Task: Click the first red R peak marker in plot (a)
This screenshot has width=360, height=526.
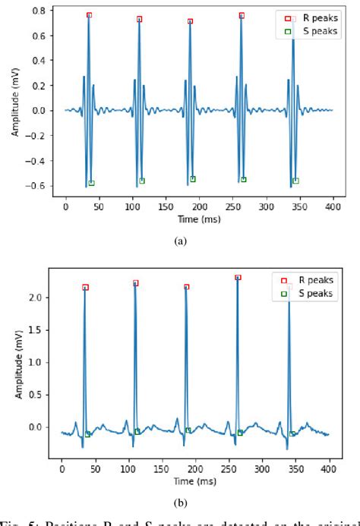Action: tap(89, 15)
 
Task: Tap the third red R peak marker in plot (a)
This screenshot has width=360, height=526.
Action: tap(190, 21)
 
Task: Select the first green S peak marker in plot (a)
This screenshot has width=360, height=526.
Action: tap(91, 183)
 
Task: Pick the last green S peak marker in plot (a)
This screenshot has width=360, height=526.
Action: tap(295, 181)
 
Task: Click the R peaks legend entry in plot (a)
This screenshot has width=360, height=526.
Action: tap(308, 17)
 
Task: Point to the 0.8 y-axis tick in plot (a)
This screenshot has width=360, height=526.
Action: tap(39, 11)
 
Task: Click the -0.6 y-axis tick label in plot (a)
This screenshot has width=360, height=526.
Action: tap(36, 186)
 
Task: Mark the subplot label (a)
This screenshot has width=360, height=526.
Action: tap(180, 241)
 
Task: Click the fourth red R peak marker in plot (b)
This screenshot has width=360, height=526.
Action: tap(238, 278)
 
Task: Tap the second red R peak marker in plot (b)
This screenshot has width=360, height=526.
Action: tap(136, 283)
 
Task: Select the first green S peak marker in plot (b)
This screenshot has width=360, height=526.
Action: tap(87, 434)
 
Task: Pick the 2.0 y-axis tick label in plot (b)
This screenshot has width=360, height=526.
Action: tap(36, 298)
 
